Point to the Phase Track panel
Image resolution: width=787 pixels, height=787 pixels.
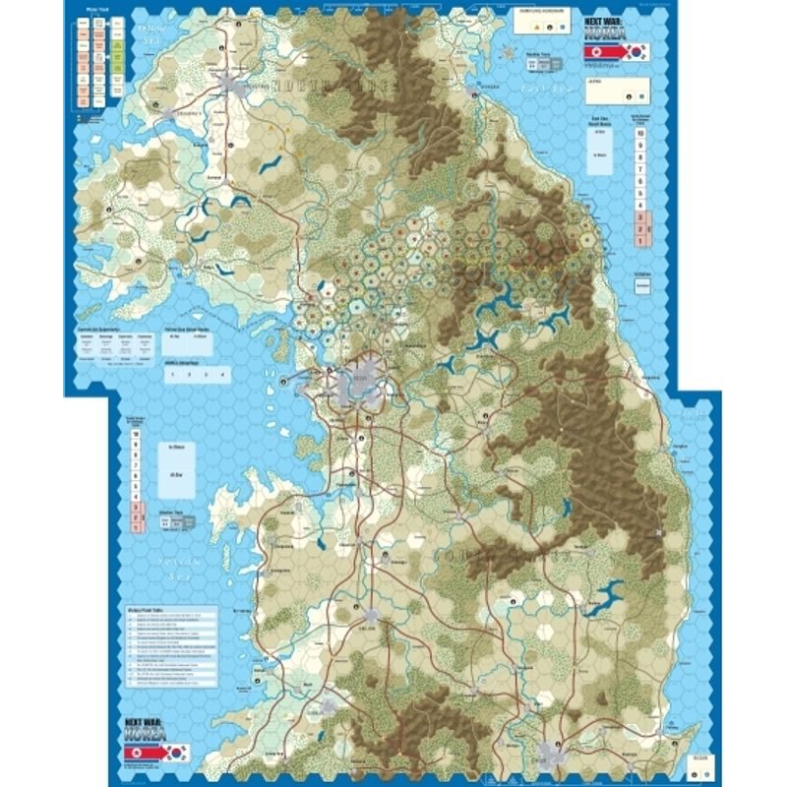(x=96, y=59)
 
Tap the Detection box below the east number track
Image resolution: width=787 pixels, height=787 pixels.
(x=641, y=281)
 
